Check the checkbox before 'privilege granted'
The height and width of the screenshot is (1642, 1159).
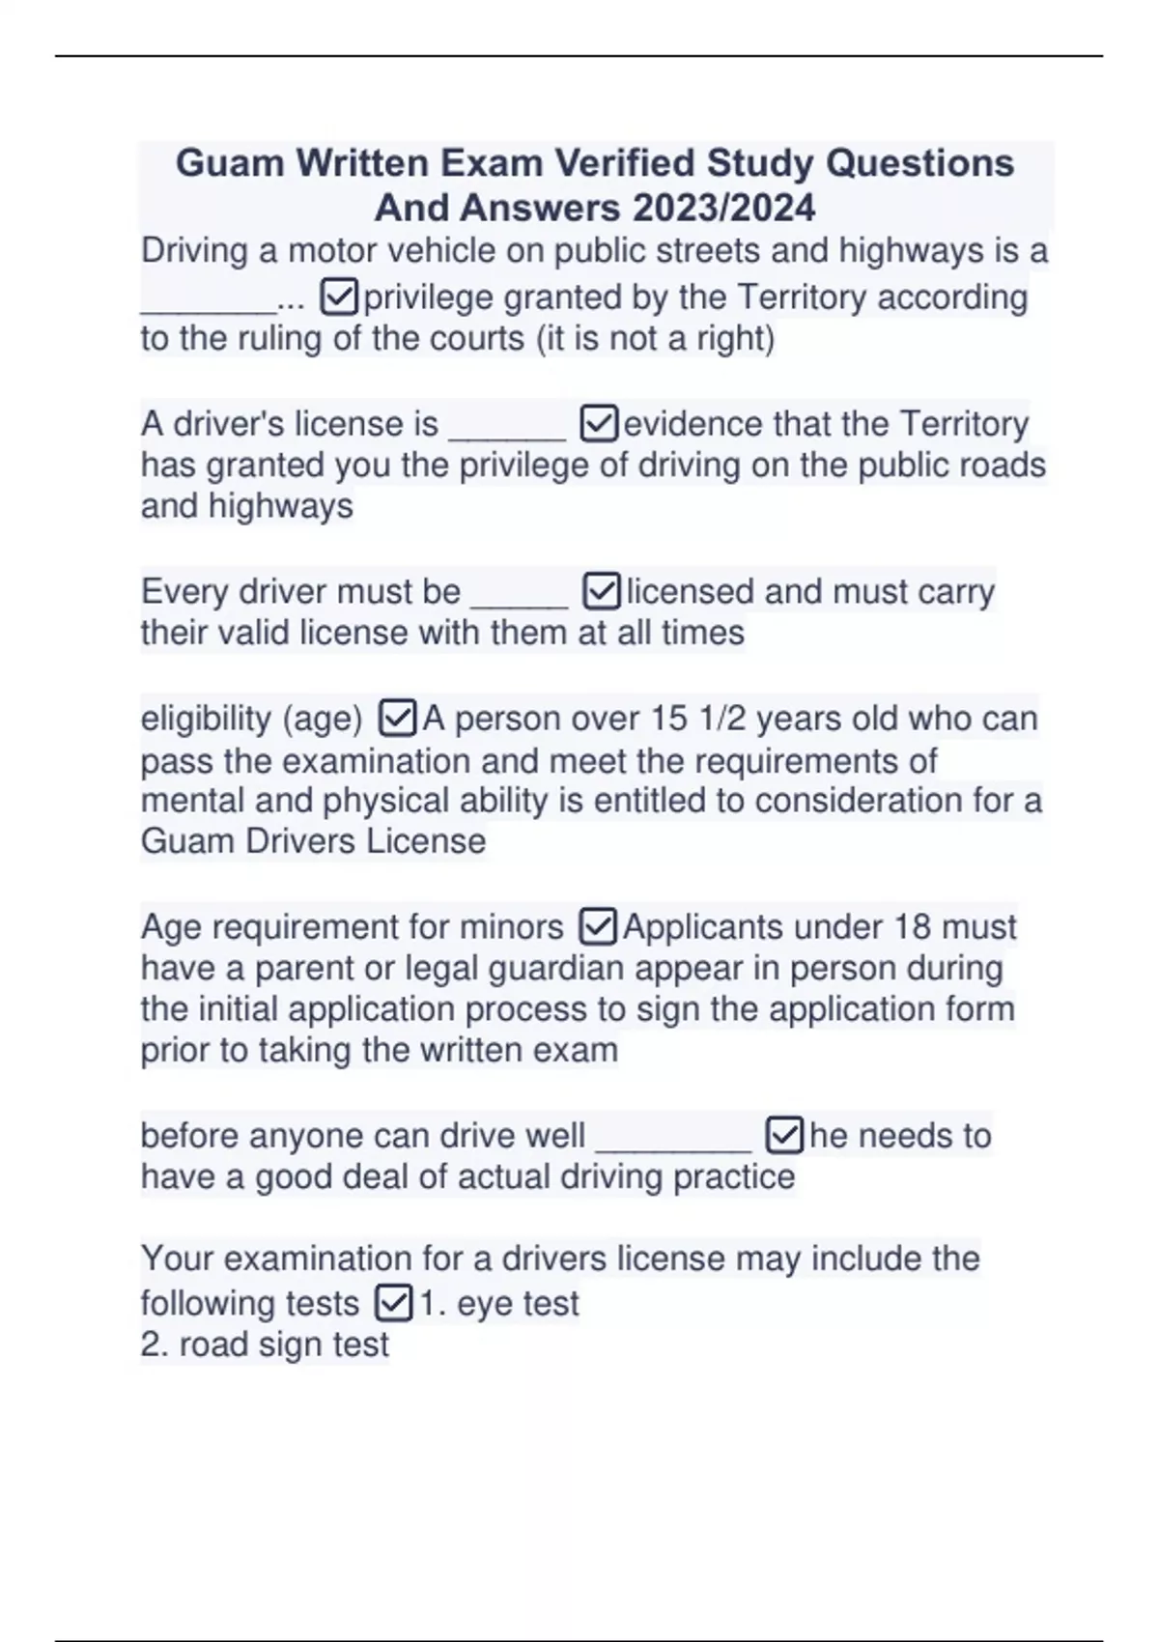pyautogui.click(x=339, y=297)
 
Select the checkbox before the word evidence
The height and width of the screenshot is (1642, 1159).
pyautogui.click(x=599, y=424)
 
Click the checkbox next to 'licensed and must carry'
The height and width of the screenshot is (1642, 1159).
pyautogui.click(x=602, y=592)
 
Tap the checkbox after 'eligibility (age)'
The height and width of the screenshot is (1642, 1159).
pyautogui.click(x=398, y=719)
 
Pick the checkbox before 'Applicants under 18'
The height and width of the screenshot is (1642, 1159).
pyautogui.click(x=598, y=927)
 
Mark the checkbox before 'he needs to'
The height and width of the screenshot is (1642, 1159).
pyautogui.click(x=784, y=1136)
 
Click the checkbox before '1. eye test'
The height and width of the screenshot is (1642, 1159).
pyautogui.click(x=393, y=1303)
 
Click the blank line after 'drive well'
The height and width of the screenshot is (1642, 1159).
pyautogui.click(x=673, y=1138)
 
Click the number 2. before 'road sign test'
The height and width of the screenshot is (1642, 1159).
pyautogui.click(x=155, y=1345)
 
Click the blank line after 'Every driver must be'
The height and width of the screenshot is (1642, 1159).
pyautogui.click(x=519, y=594)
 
